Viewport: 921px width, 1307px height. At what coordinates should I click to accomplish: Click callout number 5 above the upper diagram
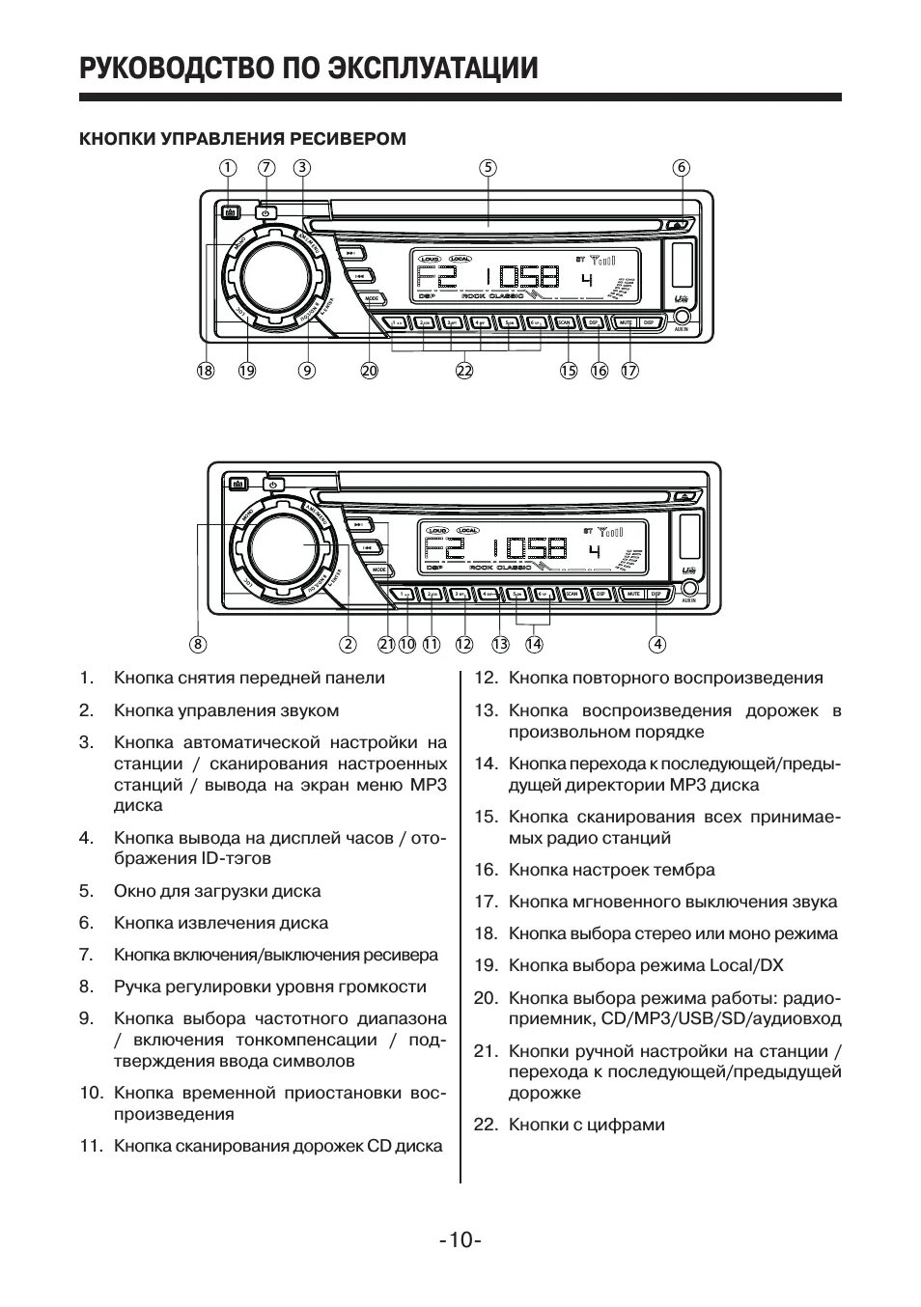click(x=488, y=167)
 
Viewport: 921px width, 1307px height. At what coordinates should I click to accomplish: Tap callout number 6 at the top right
click(x=682, y=167)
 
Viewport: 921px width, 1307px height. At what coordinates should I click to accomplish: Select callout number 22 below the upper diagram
click(x=464, y=370)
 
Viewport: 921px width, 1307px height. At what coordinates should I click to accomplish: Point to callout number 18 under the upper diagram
click(x=205, y=370)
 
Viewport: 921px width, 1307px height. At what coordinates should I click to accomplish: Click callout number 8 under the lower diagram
click(x=198, y=644)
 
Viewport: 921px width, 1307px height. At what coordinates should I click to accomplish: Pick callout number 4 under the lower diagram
click(x=657, y=644)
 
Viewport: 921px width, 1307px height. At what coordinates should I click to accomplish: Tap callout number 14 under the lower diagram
click(x=534, y=644)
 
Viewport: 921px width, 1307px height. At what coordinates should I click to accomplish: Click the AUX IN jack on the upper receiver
click(x=683, y=317)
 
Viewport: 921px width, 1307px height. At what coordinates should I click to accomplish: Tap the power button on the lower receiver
click(x=273, y=485)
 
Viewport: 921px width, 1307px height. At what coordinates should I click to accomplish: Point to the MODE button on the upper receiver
click(x=373, y=299)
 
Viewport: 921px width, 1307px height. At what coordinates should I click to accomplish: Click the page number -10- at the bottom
click(x=460, y=1239)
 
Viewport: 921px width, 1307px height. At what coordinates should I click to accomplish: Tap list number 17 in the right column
click(x=485, y=902)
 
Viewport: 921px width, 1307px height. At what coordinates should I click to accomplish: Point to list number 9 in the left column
click(x=86, y=1018)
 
